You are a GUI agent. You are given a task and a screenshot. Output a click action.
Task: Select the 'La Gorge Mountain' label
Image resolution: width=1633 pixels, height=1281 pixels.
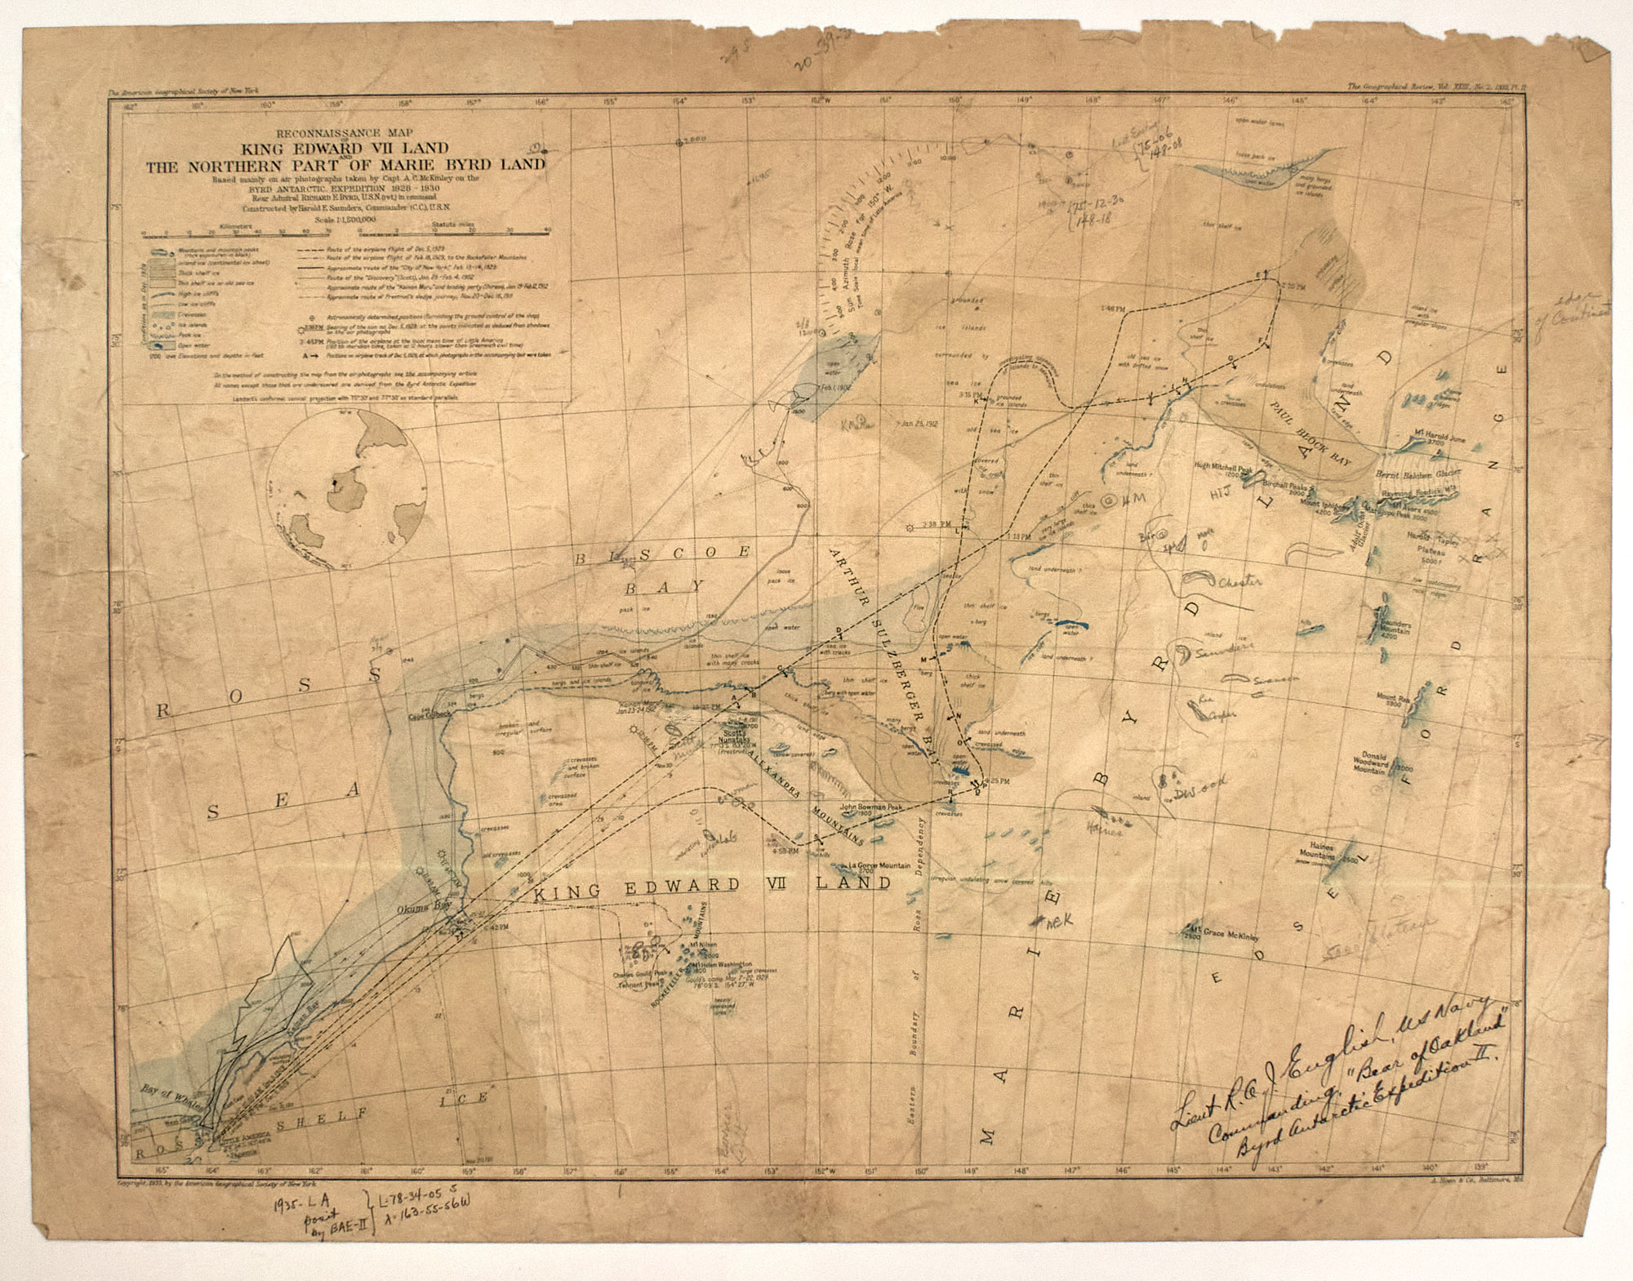pyautogui.click(x=880, y=865)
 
